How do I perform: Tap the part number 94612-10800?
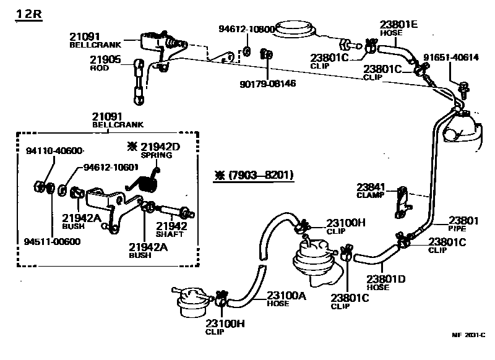coord(246,29)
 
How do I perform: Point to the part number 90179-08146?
coord(268,82)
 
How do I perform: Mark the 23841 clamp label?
coord(371,186)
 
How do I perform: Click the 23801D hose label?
coord(385,279)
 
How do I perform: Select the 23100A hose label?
coord(286,295)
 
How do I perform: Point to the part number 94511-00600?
coord(53,241)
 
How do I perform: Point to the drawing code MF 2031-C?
coord(468,335)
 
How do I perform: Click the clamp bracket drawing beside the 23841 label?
coord(401,200)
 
